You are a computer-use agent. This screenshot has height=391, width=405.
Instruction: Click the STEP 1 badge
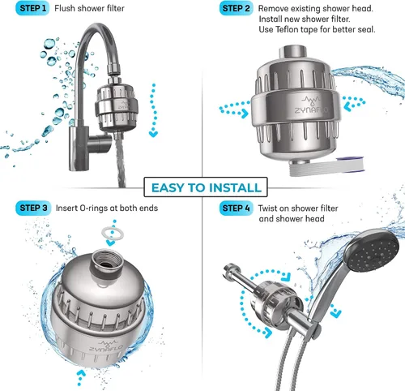click(x=32, y=8)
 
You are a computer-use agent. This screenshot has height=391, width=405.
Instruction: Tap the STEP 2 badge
click(x=237, y=8)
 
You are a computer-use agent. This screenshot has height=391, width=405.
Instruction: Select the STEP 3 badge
click(x=33, y=208)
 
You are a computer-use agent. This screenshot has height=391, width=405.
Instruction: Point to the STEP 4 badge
click(x=237, y=208)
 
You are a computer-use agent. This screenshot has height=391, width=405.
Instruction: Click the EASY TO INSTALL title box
click(x=206, y=187)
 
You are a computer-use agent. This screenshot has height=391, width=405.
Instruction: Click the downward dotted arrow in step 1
click(x=153, y=110)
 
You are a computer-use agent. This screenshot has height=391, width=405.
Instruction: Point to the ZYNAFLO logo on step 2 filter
click(x=312, y=105)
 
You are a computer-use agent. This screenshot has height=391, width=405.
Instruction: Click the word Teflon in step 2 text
click(x=288, y=29)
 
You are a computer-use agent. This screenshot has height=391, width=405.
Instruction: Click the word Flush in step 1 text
click(x=65, y=8)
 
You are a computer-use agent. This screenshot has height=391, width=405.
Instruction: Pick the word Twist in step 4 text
click(x=267, y=208)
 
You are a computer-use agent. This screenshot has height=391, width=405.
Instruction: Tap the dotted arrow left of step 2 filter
click(x=234, y=110)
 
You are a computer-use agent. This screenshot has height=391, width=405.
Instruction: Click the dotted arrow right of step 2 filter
click(x=354, y=104)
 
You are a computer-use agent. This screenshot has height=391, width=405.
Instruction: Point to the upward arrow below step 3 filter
click(x=80, y=377)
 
